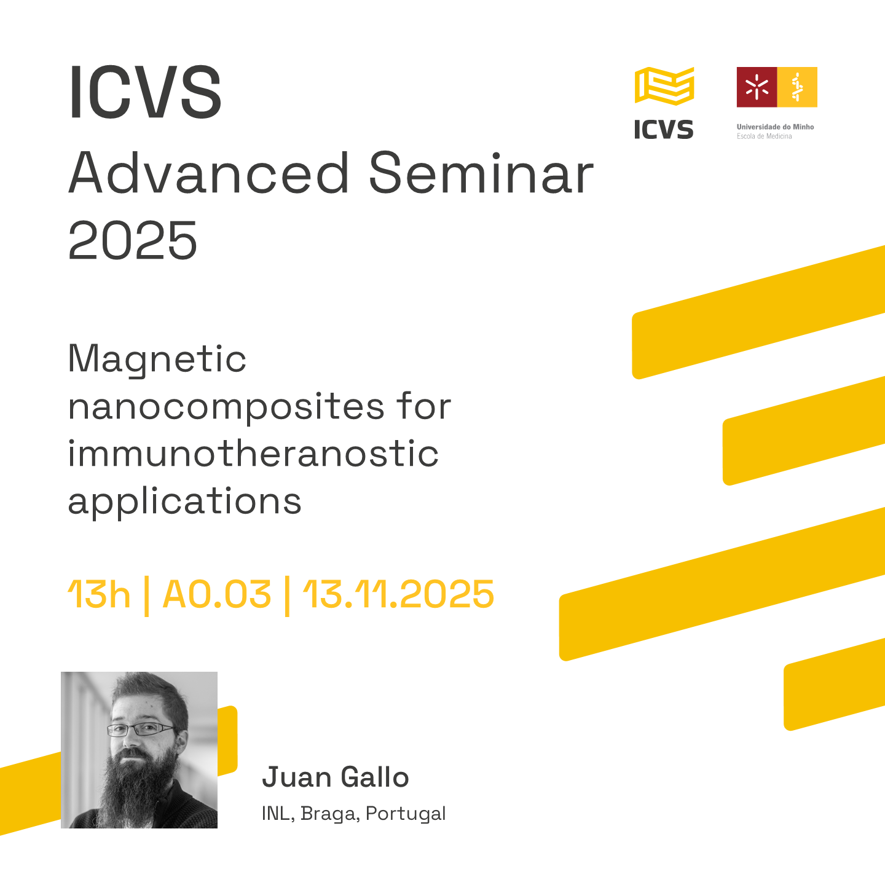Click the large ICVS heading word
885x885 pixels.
pos(145,92)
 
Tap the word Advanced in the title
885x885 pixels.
pos(209,173)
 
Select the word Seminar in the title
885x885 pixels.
pos(481,173)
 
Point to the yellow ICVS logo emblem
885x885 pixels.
pos(664,86)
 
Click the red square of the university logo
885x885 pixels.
pos(757,87)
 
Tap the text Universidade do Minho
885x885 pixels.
pos(775,127)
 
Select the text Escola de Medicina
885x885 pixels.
pos(764,136)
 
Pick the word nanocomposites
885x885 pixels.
pos(226,407)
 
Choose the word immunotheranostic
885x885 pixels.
pos(253,454)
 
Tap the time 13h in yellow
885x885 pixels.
pos(99,594)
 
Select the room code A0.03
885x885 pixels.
pos(217,594)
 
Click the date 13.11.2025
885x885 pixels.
pos(399,594)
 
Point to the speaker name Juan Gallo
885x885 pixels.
pos(336,777)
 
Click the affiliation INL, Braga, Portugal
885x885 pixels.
pos(353,813)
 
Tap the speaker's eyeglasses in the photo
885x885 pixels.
pos(141,730)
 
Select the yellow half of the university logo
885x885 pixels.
pos(797,87)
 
